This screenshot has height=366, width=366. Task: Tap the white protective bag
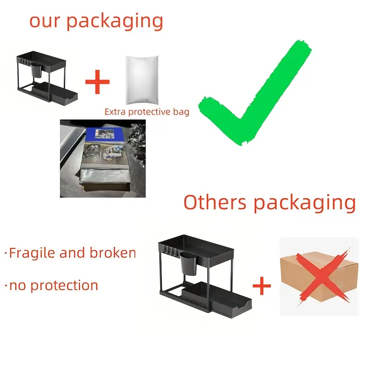click(x=142, y=81)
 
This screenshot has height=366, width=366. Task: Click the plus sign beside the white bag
click(x=97, y=82)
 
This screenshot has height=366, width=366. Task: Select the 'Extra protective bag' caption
click(x=146, y=111)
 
